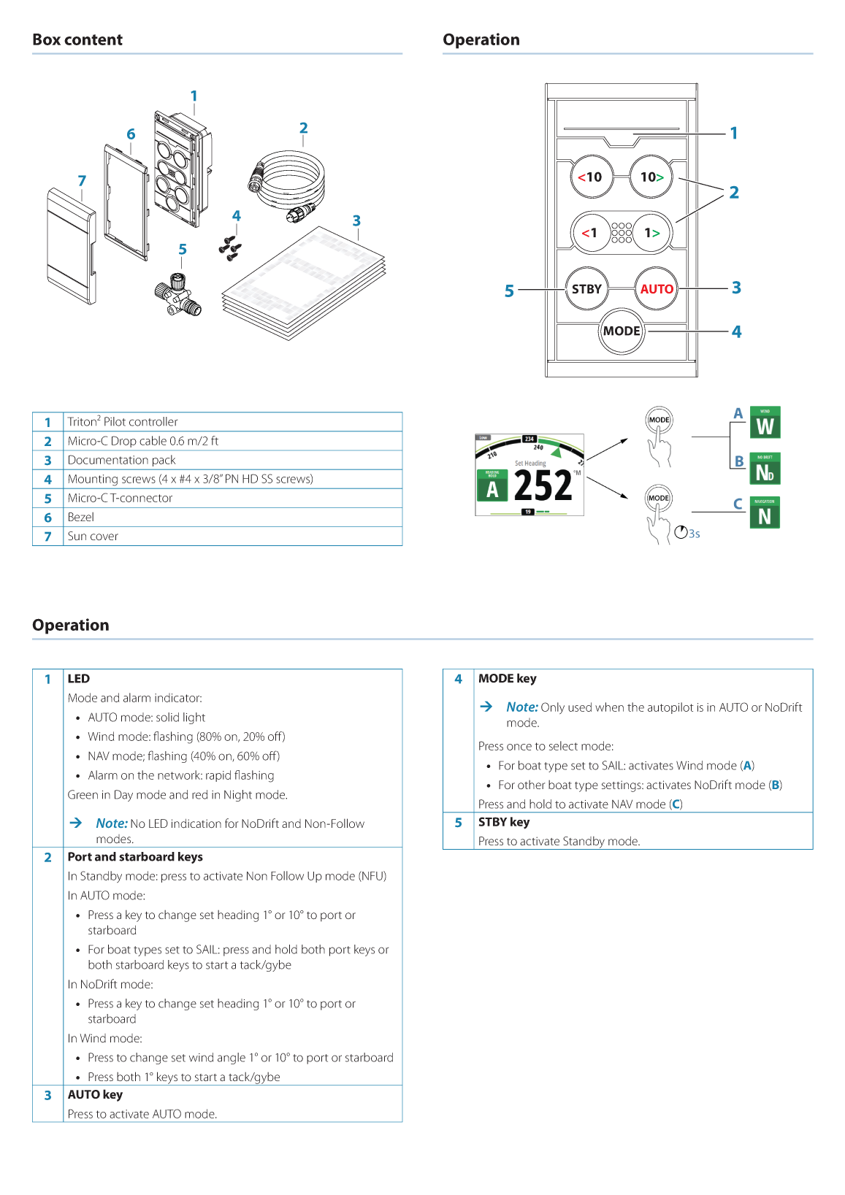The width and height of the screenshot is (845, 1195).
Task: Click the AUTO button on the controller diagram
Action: pyautogui.click(x=657, y=289)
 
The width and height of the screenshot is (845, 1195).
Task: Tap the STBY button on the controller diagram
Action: pyautogui.click(x=586, y=289)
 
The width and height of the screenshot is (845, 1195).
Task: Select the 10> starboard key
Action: pyautogui.click(x=651, y=177)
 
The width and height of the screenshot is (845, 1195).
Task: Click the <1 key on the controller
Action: pyautogui.click(x=590, y=233)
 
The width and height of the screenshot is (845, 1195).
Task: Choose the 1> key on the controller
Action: pyautogui.click(x=651, y=233)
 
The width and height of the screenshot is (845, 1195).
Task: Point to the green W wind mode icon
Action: pyautogui.click(x=765, y=423)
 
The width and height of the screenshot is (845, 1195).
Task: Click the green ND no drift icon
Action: pyautogui.click(x=765, y=469)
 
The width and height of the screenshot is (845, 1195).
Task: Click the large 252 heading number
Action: pyautogui.click(x=543, y=485)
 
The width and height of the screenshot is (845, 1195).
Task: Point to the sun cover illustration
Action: pyautogui.click(x=71, y=245)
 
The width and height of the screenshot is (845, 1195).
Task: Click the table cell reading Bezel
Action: pyautogui.click(x=81, y=517)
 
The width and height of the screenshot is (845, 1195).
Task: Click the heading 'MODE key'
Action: pyautogui.click(x=507, y=678)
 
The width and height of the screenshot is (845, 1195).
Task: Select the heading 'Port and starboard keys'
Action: pyautogui.click(x=135, y=856)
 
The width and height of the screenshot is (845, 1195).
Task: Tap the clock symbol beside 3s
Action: pyautogui.click(x=681, y=532)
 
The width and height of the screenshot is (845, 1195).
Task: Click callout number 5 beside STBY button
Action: pyautogui.click(x=509, y=291)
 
